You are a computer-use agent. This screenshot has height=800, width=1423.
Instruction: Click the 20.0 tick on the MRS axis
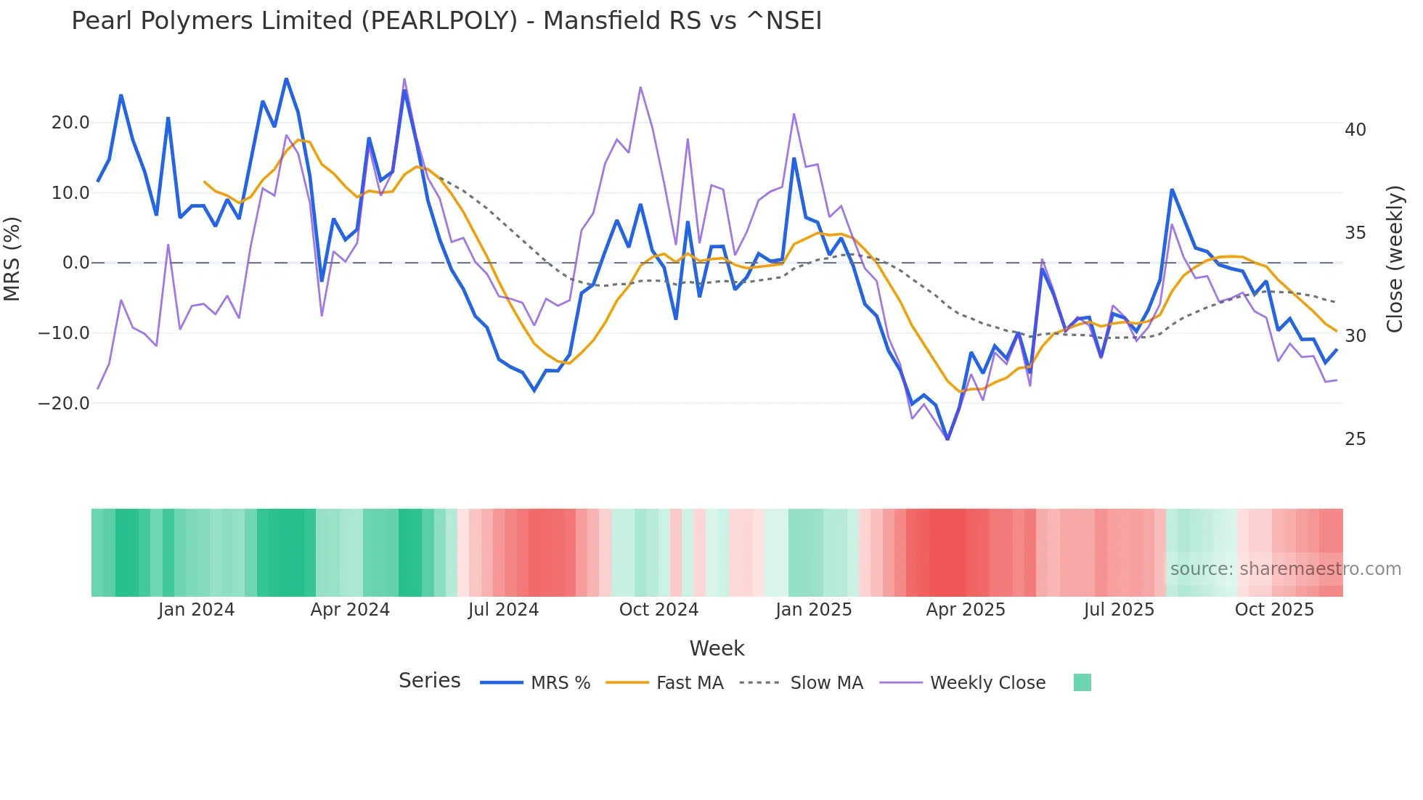coord(70,123)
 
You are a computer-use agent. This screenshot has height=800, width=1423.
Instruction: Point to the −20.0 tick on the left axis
coord(64,404)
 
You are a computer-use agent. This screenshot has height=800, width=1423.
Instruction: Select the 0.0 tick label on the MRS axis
coord(76,263)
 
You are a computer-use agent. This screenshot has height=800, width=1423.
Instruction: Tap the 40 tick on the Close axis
coord(1355,130)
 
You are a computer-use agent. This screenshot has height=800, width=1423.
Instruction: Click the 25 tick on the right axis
coord(1355,439)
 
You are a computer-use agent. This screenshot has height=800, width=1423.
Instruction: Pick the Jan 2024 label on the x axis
coord(196,610)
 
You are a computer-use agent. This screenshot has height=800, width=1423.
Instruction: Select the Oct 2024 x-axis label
coord(659,610)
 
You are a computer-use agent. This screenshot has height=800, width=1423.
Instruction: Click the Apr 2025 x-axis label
coord(966,610)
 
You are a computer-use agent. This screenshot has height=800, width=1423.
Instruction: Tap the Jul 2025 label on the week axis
coord(1119,610)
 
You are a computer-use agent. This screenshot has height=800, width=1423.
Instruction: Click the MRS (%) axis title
coord(12,259)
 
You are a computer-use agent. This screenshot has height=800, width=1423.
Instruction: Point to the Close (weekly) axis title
coord(1395,259)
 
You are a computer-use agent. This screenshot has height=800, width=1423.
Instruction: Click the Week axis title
coord(717,648)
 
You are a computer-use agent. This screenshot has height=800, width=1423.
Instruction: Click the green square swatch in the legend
coord(1082,682)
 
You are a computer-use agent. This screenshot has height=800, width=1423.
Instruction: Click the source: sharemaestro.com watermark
coord(1285,569)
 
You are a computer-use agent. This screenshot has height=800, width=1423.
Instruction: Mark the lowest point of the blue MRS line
coord(947,439)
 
